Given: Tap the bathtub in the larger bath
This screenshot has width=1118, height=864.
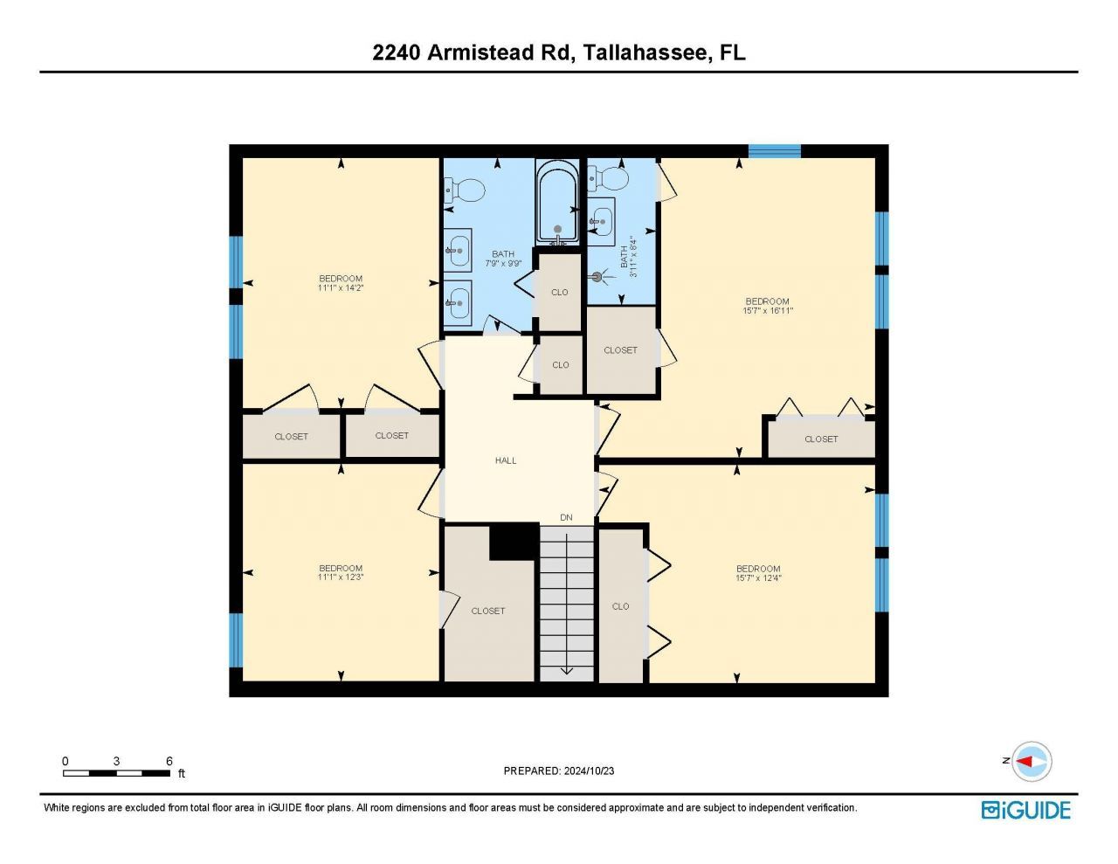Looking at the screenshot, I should [x=557, y=203].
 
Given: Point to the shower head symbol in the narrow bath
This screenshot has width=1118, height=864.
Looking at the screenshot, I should [x=598, y=277].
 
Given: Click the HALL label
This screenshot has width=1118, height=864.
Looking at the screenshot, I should [x=506, y=460].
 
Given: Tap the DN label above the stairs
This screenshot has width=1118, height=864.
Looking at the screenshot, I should [x=566, y=518].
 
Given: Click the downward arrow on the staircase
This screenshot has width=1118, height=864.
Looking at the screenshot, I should [x=566, y=669].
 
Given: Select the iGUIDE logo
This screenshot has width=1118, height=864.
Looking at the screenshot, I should [x=1025, y=810].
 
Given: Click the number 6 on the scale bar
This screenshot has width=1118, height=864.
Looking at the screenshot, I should [x=169, y=761].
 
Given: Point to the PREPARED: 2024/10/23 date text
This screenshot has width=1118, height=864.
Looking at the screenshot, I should [x=559, y=771].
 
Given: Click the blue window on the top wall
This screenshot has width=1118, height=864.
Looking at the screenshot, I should [x=775, y=151].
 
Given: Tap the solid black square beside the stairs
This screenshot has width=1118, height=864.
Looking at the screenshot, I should [x=513, y=542].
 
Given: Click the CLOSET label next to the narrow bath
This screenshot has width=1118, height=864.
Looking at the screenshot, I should [x=620, y=350].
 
